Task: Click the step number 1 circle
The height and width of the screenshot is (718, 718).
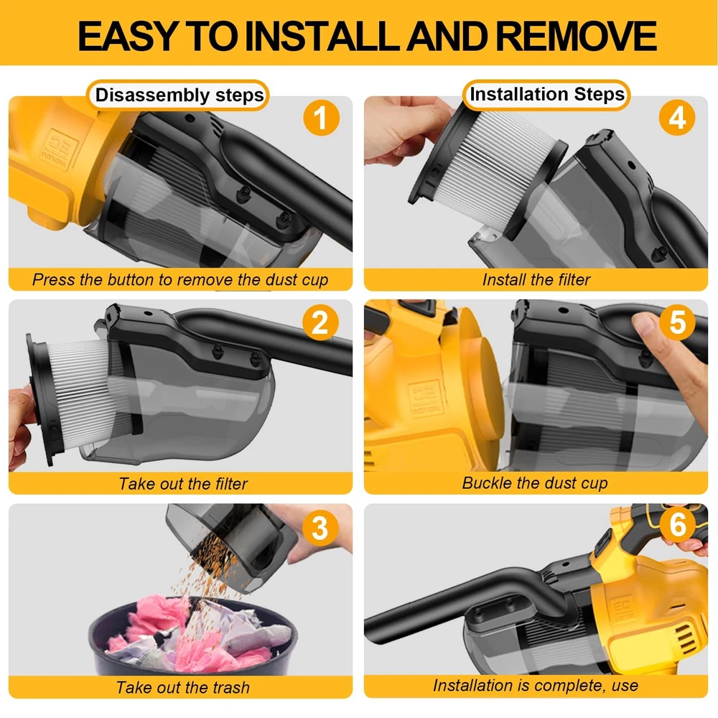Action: point(321,118)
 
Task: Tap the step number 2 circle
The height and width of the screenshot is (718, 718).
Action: point(320,322)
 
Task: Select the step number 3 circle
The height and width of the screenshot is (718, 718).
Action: point(320,527)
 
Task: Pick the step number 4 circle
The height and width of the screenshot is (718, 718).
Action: point(677,118)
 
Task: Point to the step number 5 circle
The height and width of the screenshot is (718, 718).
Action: point(677,322)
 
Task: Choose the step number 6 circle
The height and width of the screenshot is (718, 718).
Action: point(678,524)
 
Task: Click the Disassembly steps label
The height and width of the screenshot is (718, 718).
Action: point(179,95)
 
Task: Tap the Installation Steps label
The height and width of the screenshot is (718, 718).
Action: point(546,94)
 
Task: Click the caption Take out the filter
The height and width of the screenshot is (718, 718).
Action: point(183,483)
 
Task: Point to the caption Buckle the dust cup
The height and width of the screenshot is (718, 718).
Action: point(535,483)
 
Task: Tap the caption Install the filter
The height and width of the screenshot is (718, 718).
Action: point(536,279)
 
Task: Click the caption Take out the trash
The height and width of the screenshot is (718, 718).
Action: point(183,687)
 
